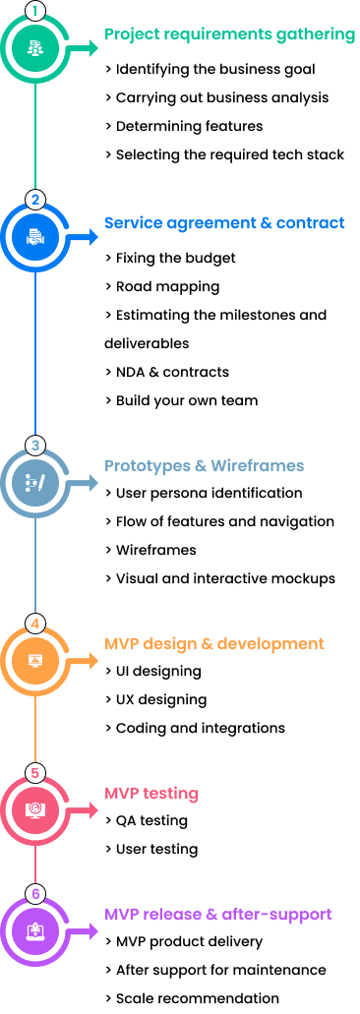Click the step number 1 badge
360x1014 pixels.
coord(35,12)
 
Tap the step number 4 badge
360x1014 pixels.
coord(35,623)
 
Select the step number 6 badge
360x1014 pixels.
coord(35,894)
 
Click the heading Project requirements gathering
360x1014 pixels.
coord(230,35)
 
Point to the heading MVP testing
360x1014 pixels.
coord(151,793)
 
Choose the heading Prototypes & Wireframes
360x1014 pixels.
coord(204,465)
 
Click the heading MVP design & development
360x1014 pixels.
coord(214,644)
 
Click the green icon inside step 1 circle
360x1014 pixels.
coord(35,47)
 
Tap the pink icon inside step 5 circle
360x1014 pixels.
coord(35,810)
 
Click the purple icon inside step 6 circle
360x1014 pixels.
coord(35,930)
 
